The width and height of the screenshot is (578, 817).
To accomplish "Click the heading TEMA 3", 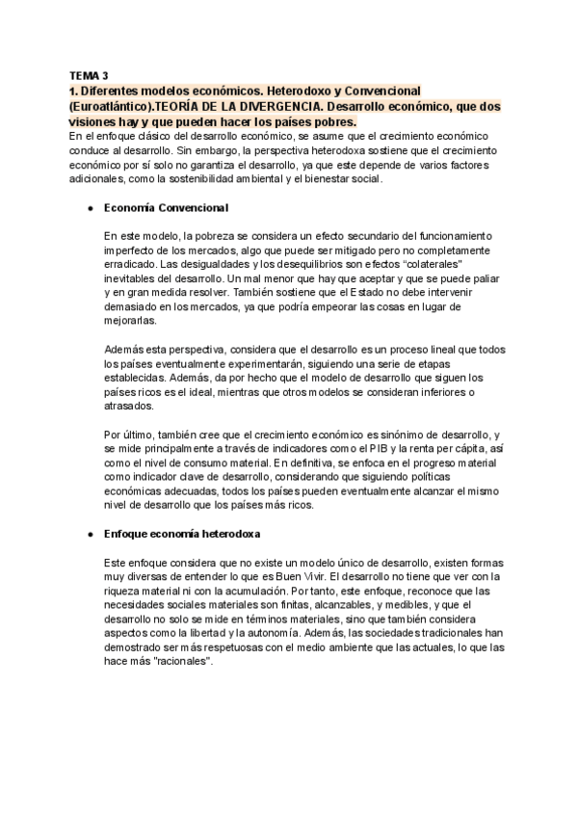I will (90, 74).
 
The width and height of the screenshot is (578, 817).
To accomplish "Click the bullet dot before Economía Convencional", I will (89, 207).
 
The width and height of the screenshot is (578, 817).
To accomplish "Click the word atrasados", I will (133, 407).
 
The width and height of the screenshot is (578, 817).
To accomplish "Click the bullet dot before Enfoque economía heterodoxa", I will (89, 533).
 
